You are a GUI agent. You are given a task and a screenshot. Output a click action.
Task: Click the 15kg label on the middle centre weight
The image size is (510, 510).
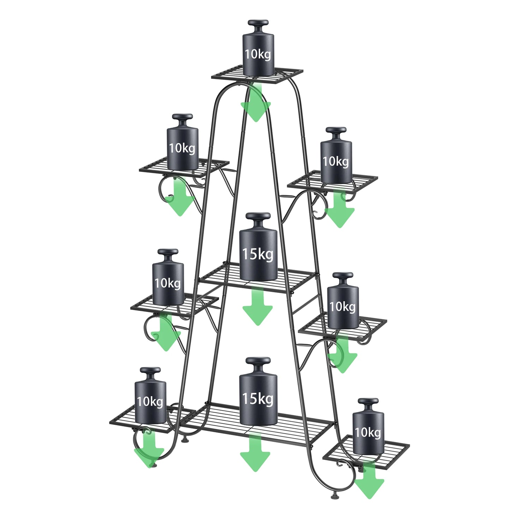pos(258,254)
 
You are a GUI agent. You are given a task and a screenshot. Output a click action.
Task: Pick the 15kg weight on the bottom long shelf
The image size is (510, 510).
pos(258,399)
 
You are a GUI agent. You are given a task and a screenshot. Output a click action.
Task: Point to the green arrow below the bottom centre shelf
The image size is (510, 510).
pos(255,454)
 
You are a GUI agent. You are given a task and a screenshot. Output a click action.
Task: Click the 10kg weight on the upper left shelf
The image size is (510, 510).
pos(182,148)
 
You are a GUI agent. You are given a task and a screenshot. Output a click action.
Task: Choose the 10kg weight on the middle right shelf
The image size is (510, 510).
pos(343,306)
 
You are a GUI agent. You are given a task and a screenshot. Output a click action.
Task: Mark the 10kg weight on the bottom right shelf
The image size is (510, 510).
pos(368,432)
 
